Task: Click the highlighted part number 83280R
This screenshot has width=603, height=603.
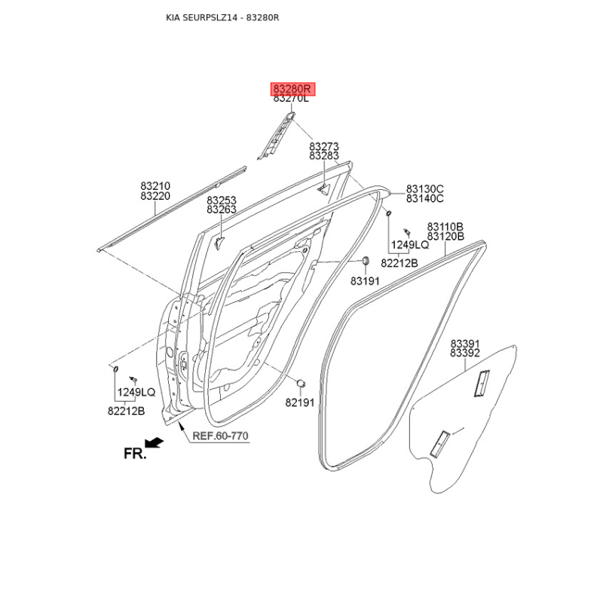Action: point(292,89)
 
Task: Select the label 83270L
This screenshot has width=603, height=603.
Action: point(291,99)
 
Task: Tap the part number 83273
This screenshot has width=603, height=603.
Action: point(324,146)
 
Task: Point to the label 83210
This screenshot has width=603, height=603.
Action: point(155,186)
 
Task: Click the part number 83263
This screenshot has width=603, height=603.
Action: point(222,210)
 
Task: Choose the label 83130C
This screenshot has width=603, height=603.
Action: point(425,189)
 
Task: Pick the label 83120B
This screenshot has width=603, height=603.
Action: point(445,236)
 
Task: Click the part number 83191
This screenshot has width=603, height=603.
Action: point(365,281)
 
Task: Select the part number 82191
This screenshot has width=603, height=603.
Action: point(300,403)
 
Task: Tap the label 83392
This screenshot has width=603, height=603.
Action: point(465,353)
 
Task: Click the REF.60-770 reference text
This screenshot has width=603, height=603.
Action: point(220,436)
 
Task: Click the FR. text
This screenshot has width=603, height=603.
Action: point(135,454)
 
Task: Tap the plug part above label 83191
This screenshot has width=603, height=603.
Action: point(366,260)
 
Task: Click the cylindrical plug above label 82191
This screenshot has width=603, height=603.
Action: point(301,383)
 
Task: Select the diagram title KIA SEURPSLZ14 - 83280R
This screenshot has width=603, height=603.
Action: point(222,17)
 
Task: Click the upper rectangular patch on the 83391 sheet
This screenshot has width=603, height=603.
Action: point(482,383)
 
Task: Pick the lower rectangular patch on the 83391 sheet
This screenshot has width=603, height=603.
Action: point(439,444)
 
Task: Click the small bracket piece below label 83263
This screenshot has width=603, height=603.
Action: point(219,243)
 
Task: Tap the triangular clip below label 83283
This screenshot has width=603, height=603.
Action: point(323,189)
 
